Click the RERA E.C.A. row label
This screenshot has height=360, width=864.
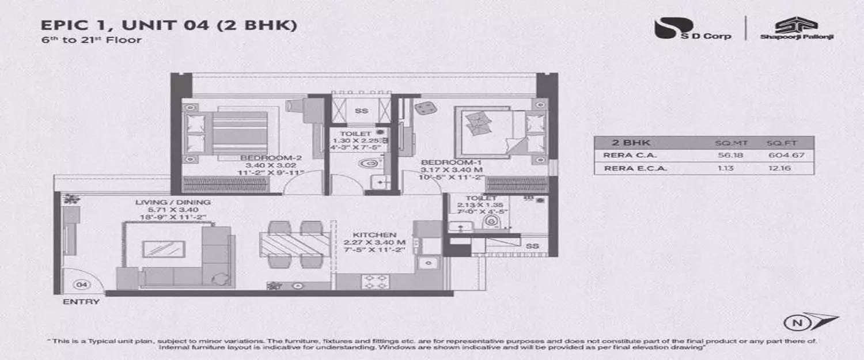[x=628, y=168]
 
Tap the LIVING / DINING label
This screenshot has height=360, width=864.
[x=173, y=202]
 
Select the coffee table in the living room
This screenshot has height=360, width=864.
[x=164, y=249]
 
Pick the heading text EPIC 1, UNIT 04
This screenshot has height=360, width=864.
[x=168, y=25]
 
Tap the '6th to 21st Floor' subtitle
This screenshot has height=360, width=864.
[x=90, y=40]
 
